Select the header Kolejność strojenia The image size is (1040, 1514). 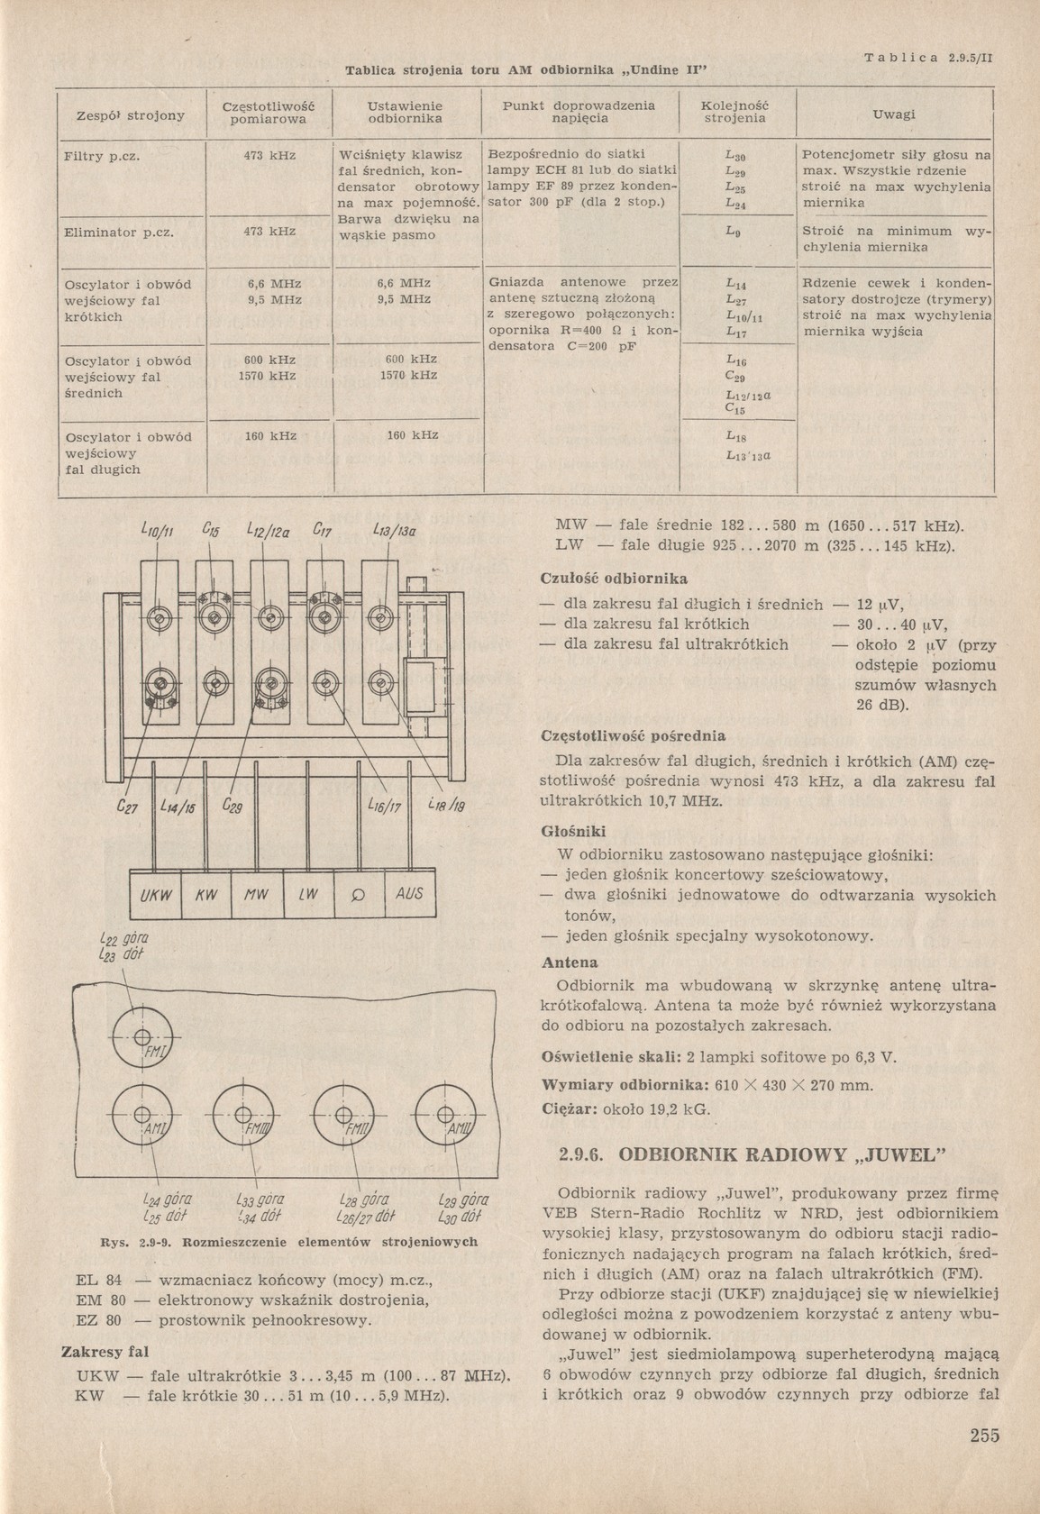tap(734, 112)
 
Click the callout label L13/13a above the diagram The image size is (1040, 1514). tap(393, 531)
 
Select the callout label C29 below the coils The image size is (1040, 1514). tap(232, 807)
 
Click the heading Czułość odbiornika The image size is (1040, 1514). tap(613, 578)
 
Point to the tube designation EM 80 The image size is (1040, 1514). tap(100, 1299)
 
